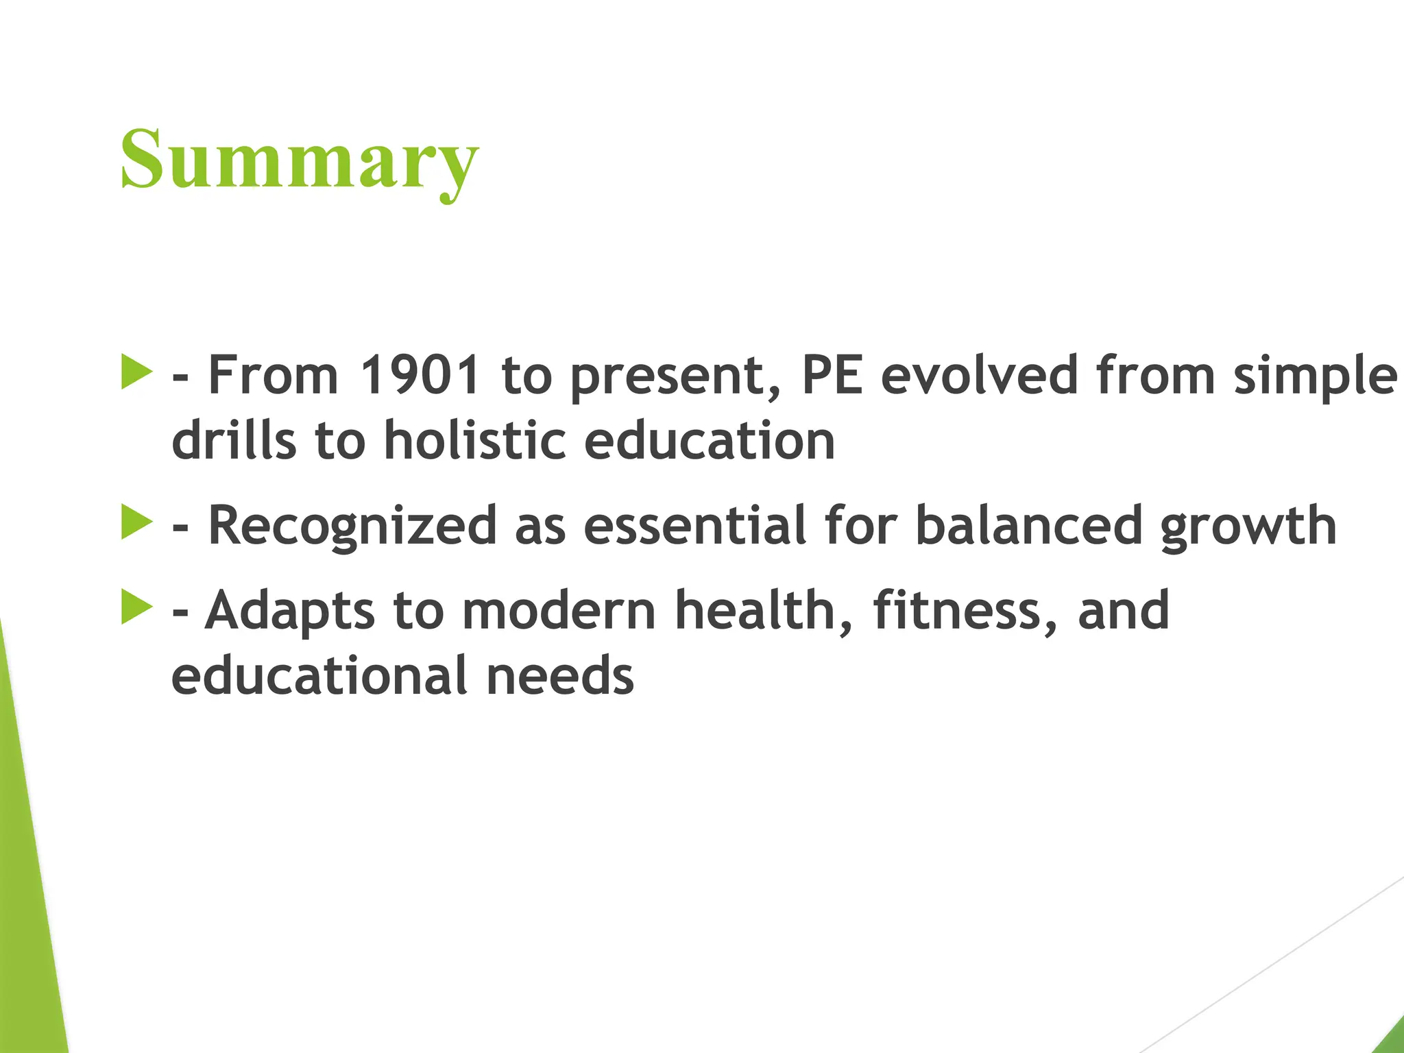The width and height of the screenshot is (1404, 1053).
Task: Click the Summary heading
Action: (x=299, y=160)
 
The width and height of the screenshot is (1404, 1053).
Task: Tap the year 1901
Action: (x=420, y=375)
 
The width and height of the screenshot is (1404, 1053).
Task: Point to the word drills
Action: (x=234, y=440)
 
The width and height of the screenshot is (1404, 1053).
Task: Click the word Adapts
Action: (x=290, y=611)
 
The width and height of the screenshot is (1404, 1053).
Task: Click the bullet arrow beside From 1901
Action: (x=136, y=372)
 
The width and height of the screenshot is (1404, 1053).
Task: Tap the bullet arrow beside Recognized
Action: (x=136, y=522)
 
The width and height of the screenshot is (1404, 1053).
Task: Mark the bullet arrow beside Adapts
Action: (x=136, y=607)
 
